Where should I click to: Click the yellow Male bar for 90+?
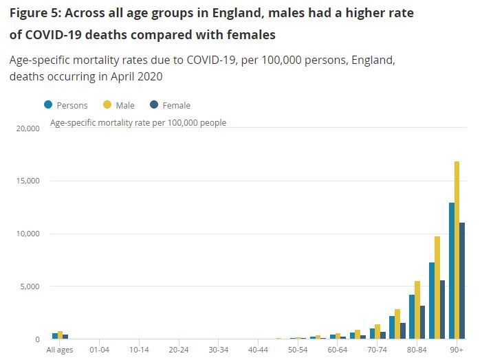[457, 250]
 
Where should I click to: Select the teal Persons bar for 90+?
[451, 271]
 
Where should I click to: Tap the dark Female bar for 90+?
[462, 280]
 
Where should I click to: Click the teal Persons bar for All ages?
[55, 336]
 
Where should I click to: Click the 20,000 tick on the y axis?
[27, 128]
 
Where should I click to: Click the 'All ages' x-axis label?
[60, 350]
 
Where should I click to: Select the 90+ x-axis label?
[457, 350]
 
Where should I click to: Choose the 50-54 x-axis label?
[298, 350]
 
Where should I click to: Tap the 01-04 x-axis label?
[100, 350]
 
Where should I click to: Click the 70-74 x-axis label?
[377, 350]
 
